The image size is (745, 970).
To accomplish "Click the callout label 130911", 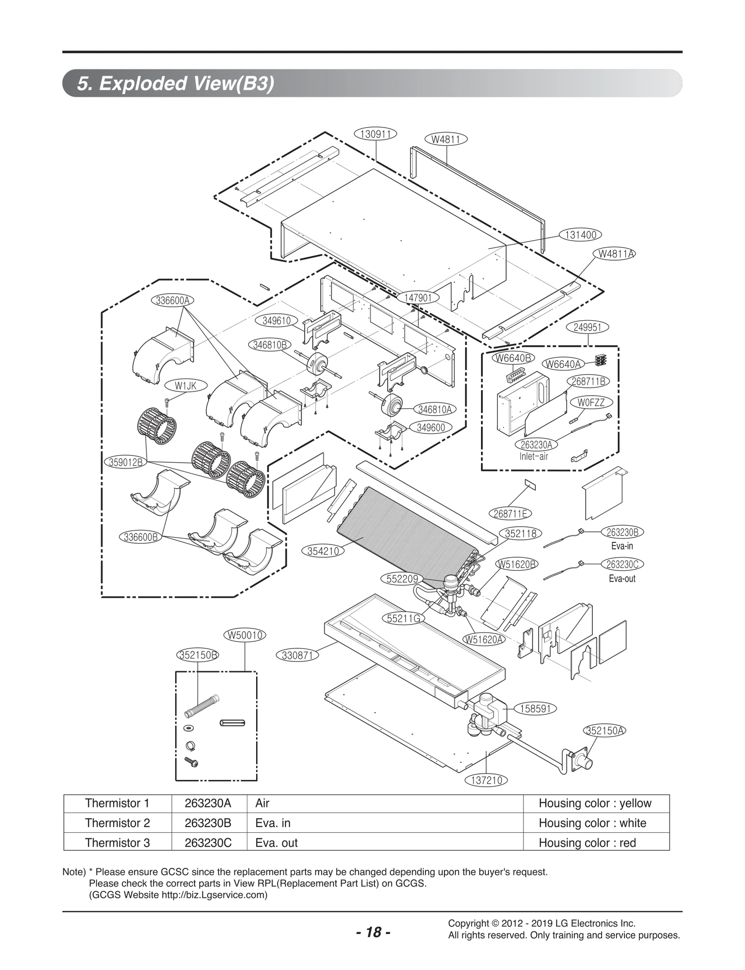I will tap(375, 134).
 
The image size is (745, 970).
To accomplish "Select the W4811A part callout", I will tap(615, 254).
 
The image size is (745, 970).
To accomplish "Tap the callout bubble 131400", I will tap(580, 235).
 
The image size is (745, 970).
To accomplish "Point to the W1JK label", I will tap(185, 385).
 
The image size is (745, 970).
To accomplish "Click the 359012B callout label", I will tap(126, 462).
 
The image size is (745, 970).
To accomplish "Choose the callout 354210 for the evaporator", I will tap(325, 551).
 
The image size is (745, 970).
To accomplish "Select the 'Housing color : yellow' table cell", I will tap(595, 803).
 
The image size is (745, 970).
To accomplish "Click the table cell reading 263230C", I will tap(208, 843).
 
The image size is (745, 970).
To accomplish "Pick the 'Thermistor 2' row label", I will tap(117, 823).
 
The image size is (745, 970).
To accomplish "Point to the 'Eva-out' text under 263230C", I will tap(622, 579).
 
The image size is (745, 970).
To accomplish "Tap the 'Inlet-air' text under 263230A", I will tap(534, 456).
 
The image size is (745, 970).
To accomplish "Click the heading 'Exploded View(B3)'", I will tap(176, 84).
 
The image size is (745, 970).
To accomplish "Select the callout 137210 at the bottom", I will tap(486, 780).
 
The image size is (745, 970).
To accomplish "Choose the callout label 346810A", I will tap(435, 410).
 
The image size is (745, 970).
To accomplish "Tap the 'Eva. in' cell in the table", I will tap(273, 823).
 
